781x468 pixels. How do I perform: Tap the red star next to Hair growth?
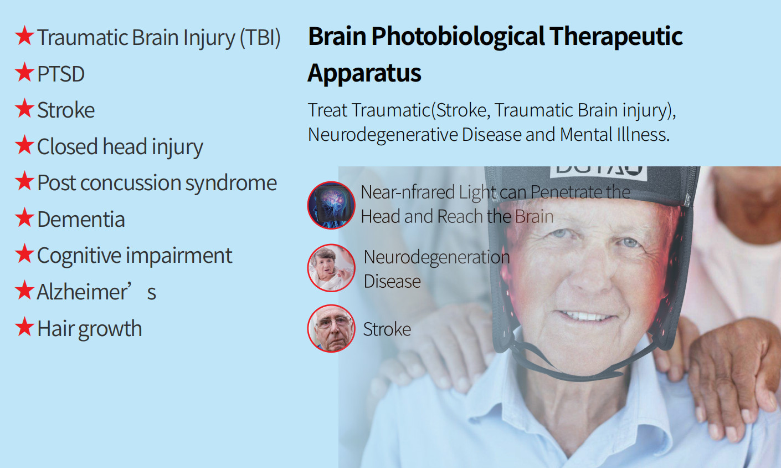[24, 327]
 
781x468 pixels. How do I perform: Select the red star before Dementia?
[24, 217]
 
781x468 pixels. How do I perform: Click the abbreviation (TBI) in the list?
[260, 37]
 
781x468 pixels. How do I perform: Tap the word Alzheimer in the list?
[83, 292]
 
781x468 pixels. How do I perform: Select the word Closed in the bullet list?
[67, 146]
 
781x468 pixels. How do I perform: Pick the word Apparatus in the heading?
[364, 73]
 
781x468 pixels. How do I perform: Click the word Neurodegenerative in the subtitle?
[383, 135]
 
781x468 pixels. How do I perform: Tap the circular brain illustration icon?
[331, 205]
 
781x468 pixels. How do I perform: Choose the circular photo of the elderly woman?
[331, 268]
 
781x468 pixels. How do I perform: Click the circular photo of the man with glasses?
[331, 328]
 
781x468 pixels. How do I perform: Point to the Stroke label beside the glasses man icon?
[387, 329]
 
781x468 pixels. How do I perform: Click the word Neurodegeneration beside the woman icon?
[436, 257]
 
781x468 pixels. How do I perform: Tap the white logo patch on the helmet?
[598, 173]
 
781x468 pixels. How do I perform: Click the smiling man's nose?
[590, 276]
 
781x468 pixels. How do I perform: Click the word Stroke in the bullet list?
[65, 110]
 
